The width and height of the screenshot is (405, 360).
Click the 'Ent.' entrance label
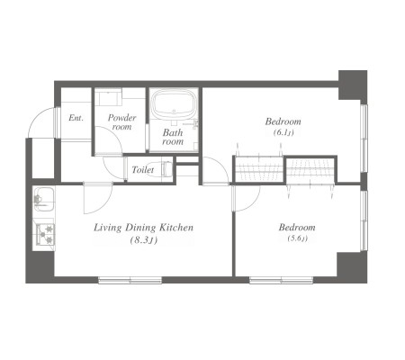[x=76, y=118]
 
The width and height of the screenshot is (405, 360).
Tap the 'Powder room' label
[x=121, y=122]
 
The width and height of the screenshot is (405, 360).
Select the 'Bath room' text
[x=173, y=137]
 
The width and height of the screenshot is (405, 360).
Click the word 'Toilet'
[x=143, y=170]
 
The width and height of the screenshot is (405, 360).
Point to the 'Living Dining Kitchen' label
[x=144, y=228]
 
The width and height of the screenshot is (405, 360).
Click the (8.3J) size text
[x=143, y=240]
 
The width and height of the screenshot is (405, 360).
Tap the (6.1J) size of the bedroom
[x=283, y=132]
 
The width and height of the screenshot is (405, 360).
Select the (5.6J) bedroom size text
[x=297, y=238]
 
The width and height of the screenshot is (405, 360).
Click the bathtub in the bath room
[x=174, y=104]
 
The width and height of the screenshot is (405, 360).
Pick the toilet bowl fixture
[x=166, y=169]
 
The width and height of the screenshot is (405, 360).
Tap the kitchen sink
[x=44, y=199]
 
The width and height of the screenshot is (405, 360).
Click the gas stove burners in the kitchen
[x=45, y=234]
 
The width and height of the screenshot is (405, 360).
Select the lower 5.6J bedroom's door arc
[x=252, y=204]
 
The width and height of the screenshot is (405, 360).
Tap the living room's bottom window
[x=130, y=280]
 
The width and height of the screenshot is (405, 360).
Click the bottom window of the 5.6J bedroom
[x=281, y=280]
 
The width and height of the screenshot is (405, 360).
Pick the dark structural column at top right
[x=353, y=85]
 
